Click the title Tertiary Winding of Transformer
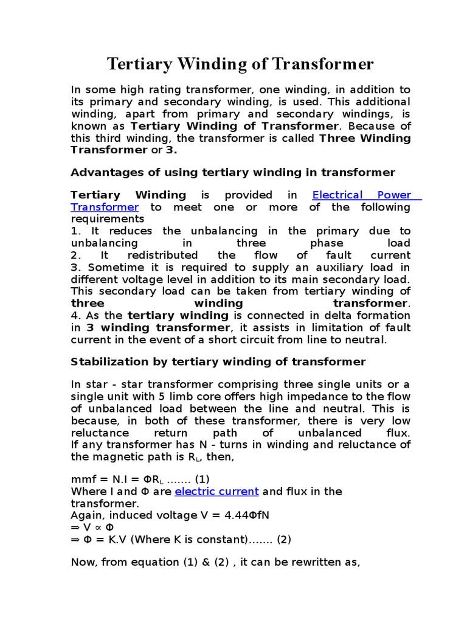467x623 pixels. [x=240, y=64]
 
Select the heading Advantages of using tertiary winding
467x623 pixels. [x=233, y=172]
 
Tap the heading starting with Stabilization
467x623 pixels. [x=218, y=362]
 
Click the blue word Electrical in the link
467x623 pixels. [x=337, y=195]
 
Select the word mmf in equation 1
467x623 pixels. [x=83, y=479]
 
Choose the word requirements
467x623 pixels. [x=108, y=219]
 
